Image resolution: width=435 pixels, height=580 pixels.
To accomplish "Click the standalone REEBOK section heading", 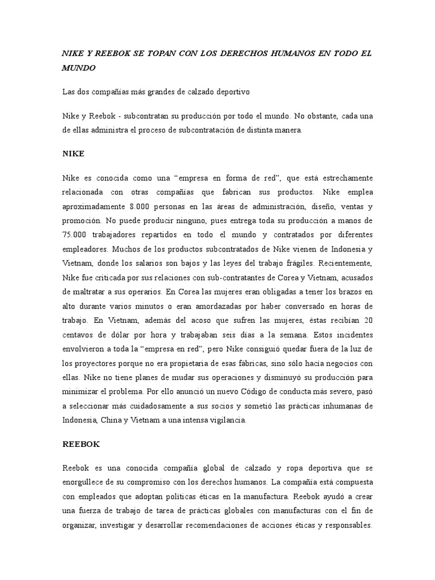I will [80, 444].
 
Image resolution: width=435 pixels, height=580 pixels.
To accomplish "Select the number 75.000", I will [75, 233].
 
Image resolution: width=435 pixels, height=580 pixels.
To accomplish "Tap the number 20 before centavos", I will [368, 320].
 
